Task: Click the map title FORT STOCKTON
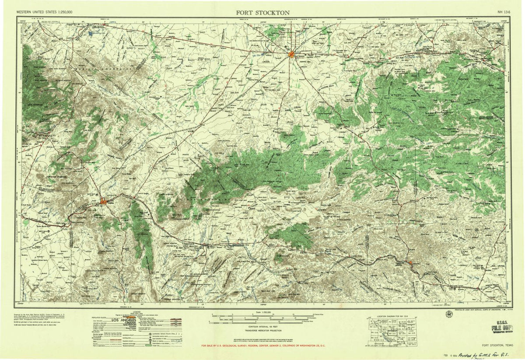pos(262,12)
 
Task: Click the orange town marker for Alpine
pos(103,201)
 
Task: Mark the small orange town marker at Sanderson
pos(410,262)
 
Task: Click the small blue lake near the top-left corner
pos(93,31)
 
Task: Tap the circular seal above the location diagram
pos(449,314)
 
